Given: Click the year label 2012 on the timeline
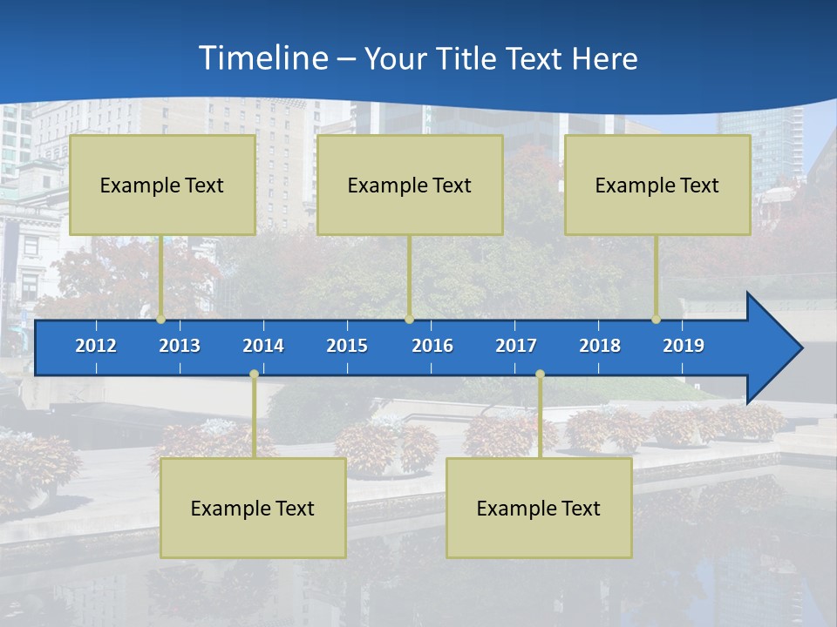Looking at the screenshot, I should [x=96, y=346].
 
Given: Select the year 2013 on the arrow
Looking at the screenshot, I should [x=180, y=346].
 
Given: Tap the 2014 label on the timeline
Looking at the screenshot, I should [x=263, y=346].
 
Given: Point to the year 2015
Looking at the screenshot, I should [x=347, y=346].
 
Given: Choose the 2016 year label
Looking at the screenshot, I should [x=432, y=346].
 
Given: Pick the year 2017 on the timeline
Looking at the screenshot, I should [x=516, y=346].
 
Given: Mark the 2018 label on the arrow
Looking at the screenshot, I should [x=600, y=346].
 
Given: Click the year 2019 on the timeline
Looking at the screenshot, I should [x=684, y=346].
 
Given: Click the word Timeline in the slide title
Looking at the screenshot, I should [x=262, y=58].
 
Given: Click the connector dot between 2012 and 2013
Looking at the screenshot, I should [x=160, y=320].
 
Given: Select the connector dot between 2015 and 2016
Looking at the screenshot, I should [x=409, y=320].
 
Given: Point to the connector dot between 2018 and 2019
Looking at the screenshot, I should [x=657, y=320].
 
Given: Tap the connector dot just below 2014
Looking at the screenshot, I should [x=254, y=374].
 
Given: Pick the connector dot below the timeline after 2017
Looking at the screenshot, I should [x=540, y=374].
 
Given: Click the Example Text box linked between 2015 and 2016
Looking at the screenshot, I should [x=410, y=185].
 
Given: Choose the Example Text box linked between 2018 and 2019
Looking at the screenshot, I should [x=657, y=185].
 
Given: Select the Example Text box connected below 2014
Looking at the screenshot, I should [x=253, y=509].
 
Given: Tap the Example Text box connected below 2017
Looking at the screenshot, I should [x=539, y=509].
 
